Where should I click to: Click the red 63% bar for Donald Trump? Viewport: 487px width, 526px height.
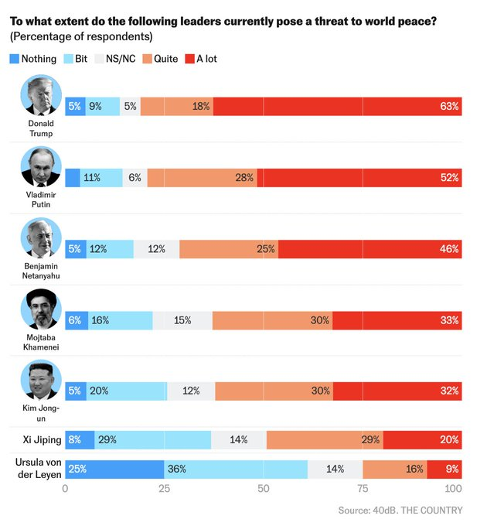click(337, 107)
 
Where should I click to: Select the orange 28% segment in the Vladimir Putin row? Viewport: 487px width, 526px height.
click(202, 178)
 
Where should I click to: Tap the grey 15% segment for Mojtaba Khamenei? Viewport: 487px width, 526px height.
click(182, 320)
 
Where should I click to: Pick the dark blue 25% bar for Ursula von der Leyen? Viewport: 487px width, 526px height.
click(114, 469)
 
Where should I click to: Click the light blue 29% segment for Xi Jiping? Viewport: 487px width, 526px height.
click(153, 440)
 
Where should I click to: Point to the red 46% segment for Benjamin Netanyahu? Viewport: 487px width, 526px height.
click(370, 249)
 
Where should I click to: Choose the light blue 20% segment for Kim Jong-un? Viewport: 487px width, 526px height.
click(127, 391)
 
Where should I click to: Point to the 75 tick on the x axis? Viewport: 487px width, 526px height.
click(363, 489)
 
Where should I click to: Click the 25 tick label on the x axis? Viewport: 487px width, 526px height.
click(164, 489)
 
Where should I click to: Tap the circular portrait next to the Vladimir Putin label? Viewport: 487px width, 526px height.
click(42, 167)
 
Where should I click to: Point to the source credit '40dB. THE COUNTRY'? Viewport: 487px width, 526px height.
click(417, 510)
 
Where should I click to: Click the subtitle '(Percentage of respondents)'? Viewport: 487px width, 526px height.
click(81, 36)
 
